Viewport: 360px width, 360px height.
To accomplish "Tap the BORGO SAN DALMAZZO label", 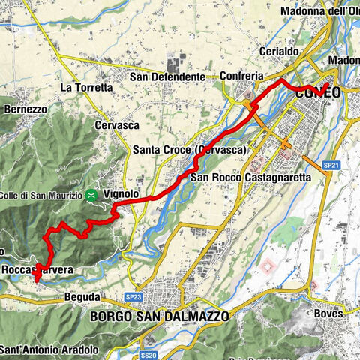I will (x=159, y=316).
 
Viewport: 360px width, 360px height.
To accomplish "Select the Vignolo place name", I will (x=121, y=194).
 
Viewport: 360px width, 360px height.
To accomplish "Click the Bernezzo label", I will (x=25, y=109).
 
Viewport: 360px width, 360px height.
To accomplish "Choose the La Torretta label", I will (x=85, y=88).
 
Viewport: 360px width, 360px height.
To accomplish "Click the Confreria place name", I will (x=243, y=76).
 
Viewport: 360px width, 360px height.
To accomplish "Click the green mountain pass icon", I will (x=91, y=195).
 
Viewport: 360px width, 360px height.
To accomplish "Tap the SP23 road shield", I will (x=133, y=298).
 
